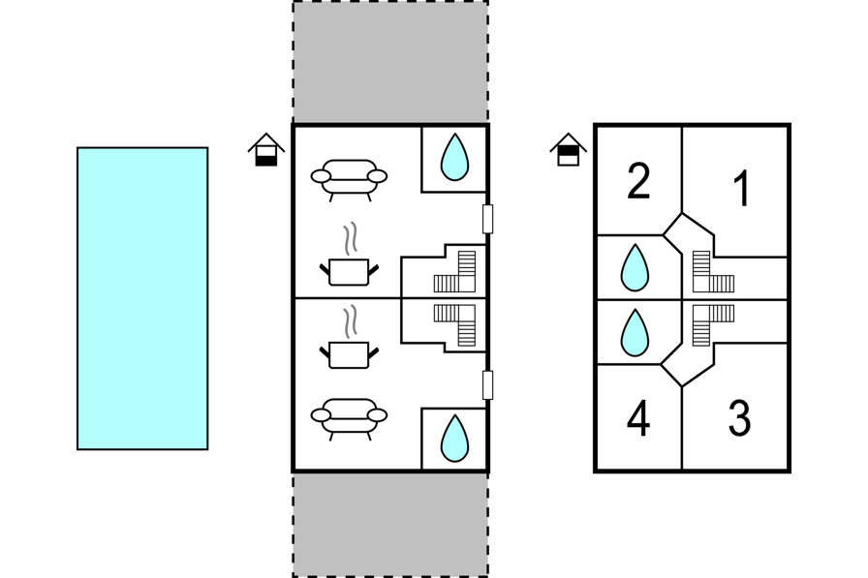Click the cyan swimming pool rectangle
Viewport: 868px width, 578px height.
(x=142, y=298)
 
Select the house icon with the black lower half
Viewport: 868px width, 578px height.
(x=266, y=150)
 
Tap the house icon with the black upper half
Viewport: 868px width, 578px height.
(x=569, y=150)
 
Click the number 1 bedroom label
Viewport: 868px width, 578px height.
(x=741, y=189)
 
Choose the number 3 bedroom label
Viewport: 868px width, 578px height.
(x=739, y=418)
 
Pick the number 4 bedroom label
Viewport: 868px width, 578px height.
(x=638, y=418)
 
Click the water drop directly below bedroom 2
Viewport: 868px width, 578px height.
(x=635, y=268)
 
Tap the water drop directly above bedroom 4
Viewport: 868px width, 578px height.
(x=635, y=332)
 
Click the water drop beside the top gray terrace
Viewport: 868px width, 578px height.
(x=454, y=157)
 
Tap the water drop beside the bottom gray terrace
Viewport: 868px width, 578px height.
(x=454, y=439)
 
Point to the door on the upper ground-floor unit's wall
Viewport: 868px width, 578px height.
(x=487, y=219)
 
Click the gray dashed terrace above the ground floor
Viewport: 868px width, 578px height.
(x=390, y=62)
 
